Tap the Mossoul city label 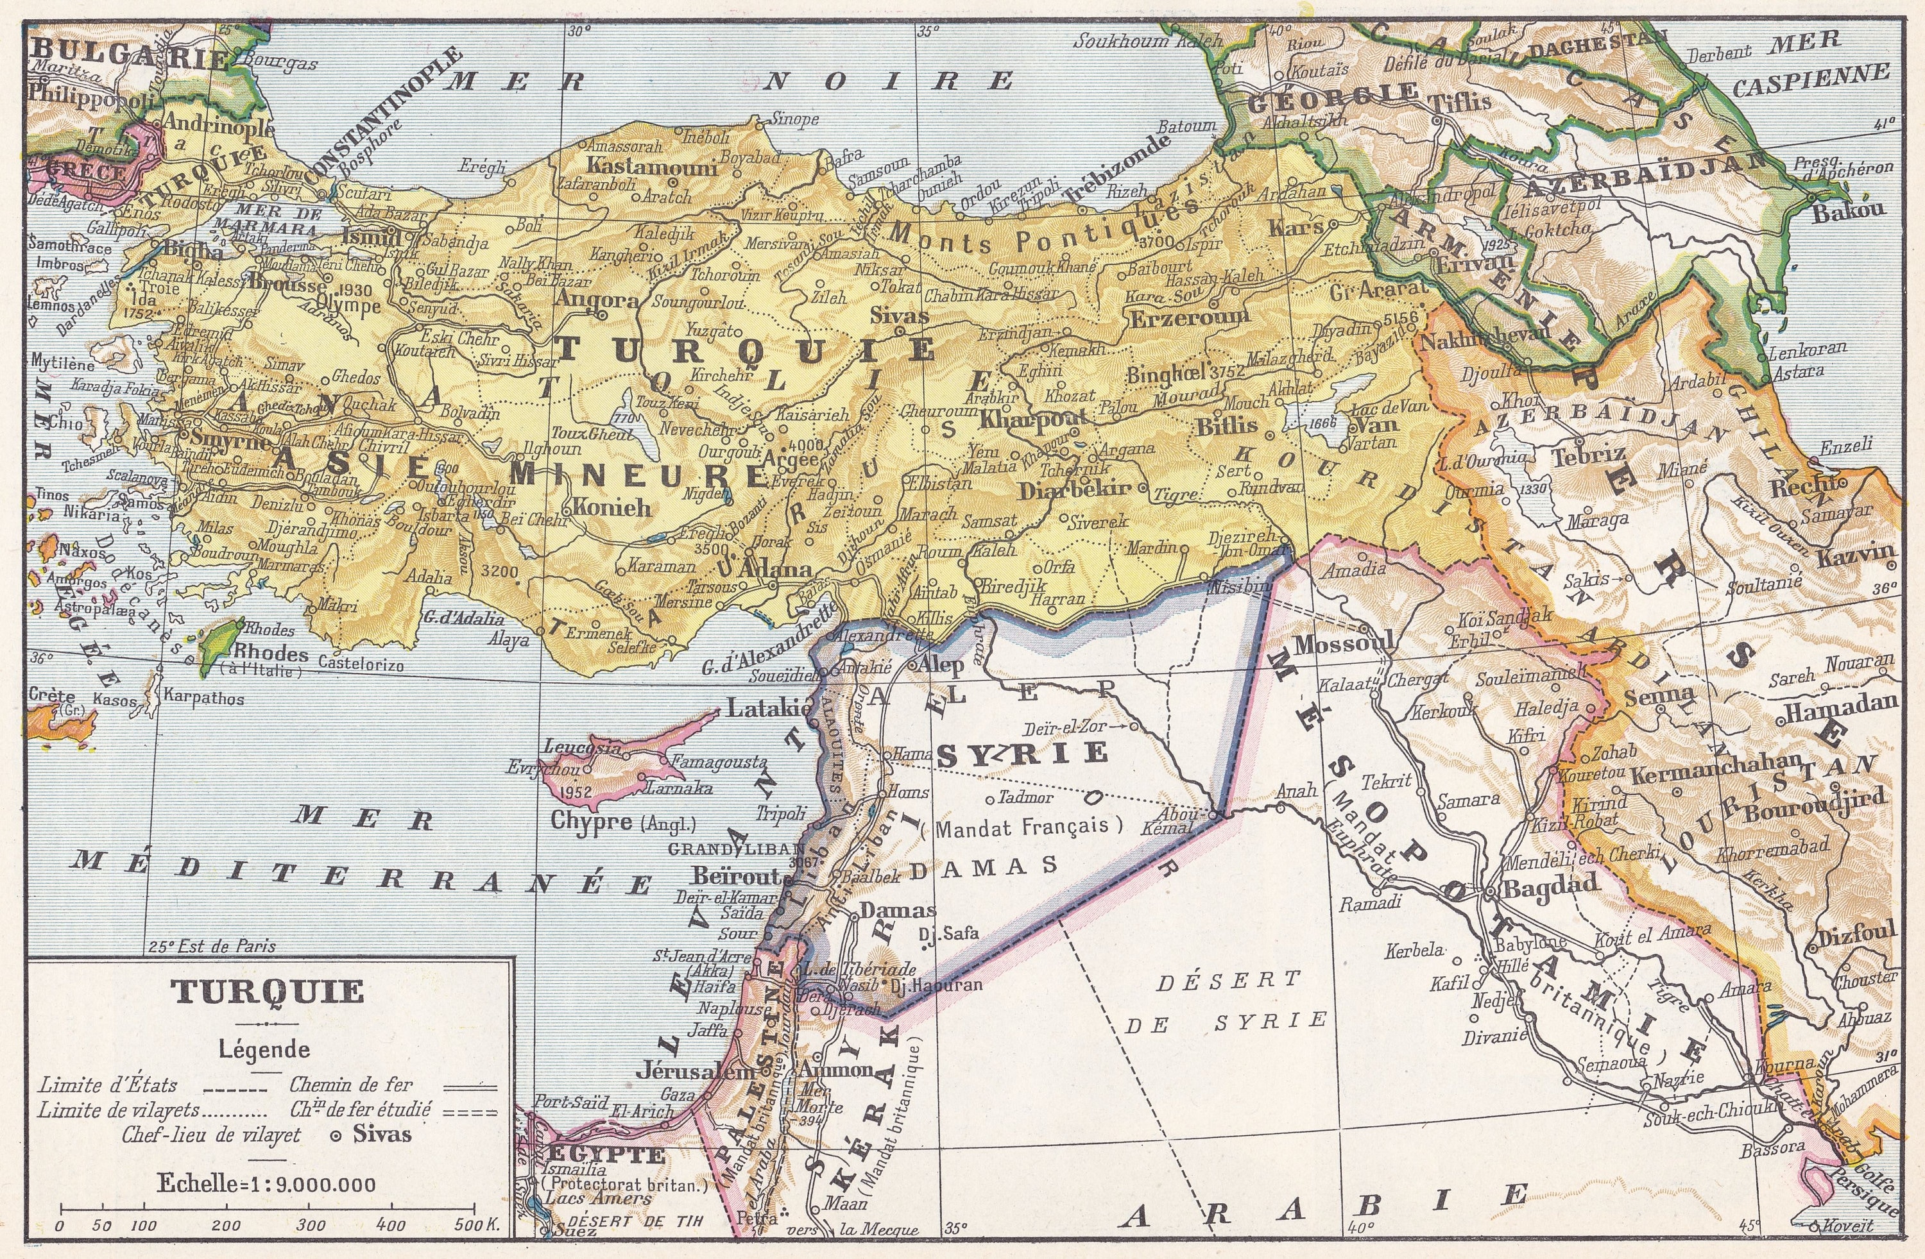[1344, 645]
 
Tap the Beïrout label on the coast [736, 875]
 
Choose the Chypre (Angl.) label [623, 822]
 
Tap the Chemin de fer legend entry [351, 1085]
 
